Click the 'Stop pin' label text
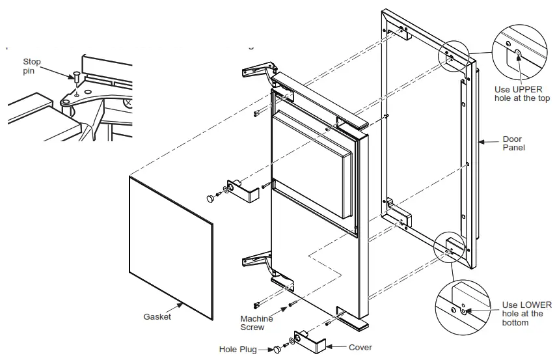point(32,66)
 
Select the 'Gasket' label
point(157,316)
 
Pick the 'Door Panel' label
point(514,143)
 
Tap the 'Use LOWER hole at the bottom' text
point(526,314)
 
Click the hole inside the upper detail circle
point(518,54)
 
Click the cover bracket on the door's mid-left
point(242,190)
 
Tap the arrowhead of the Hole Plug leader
point(273,348)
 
